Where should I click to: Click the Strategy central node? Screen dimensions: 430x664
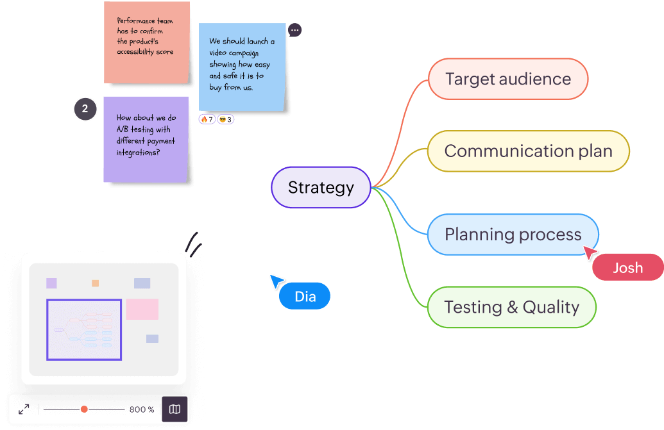pyautogui.click(x=321, y=188)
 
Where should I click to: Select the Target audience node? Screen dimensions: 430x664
pyautogui.click(x=507, y=79)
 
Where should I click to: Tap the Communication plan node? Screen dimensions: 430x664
pyautogui.click(x=528, y=151)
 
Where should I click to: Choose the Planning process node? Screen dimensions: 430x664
pyautogui.click(x=513, y=235)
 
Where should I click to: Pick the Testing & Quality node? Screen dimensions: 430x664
pyautogui.click(x=511, y=308)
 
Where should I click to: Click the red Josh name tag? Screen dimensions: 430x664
pyautogui.click(x=627, y=268)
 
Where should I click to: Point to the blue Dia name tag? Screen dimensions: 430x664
pyautogui.click(x=305, y=297)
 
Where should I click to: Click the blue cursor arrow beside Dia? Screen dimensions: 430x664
pyautogui.click(x=277, y=281)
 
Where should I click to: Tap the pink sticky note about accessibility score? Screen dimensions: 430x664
pyautogui.click(x=146, y=42)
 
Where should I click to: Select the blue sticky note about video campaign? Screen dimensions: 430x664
pyautogui.click(x=242, y=67)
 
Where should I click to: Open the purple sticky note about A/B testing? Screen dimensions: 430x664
pyautogui.click(x=146, y=139)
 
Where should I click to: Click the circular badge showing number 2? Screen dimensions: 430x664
pyautogui.click(x=85, y=109)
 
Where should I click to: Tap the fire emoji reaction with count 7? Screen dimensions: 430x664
pyautogui.click(x=207, y=119)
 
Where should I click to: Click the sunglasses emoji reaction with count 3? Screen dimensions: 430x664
pyautogui.click(x=225, y=119)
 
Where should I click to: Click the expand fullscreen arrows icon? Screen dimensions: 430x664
pyautogui.click(x=24, y=409)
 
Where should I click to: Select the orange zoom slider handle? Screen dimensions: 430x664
pyautogui.click(x=84, y=409)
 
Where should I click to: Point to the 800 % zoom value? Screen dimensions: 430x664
pyautogui.click(x=142, y=409)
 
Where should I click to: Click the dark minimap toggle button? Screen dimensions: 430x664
pyautogui.click(x=175, y=409)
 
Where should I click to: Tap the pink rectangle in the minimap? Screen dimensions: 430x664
pyautogui.click(x=142, y=309)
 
